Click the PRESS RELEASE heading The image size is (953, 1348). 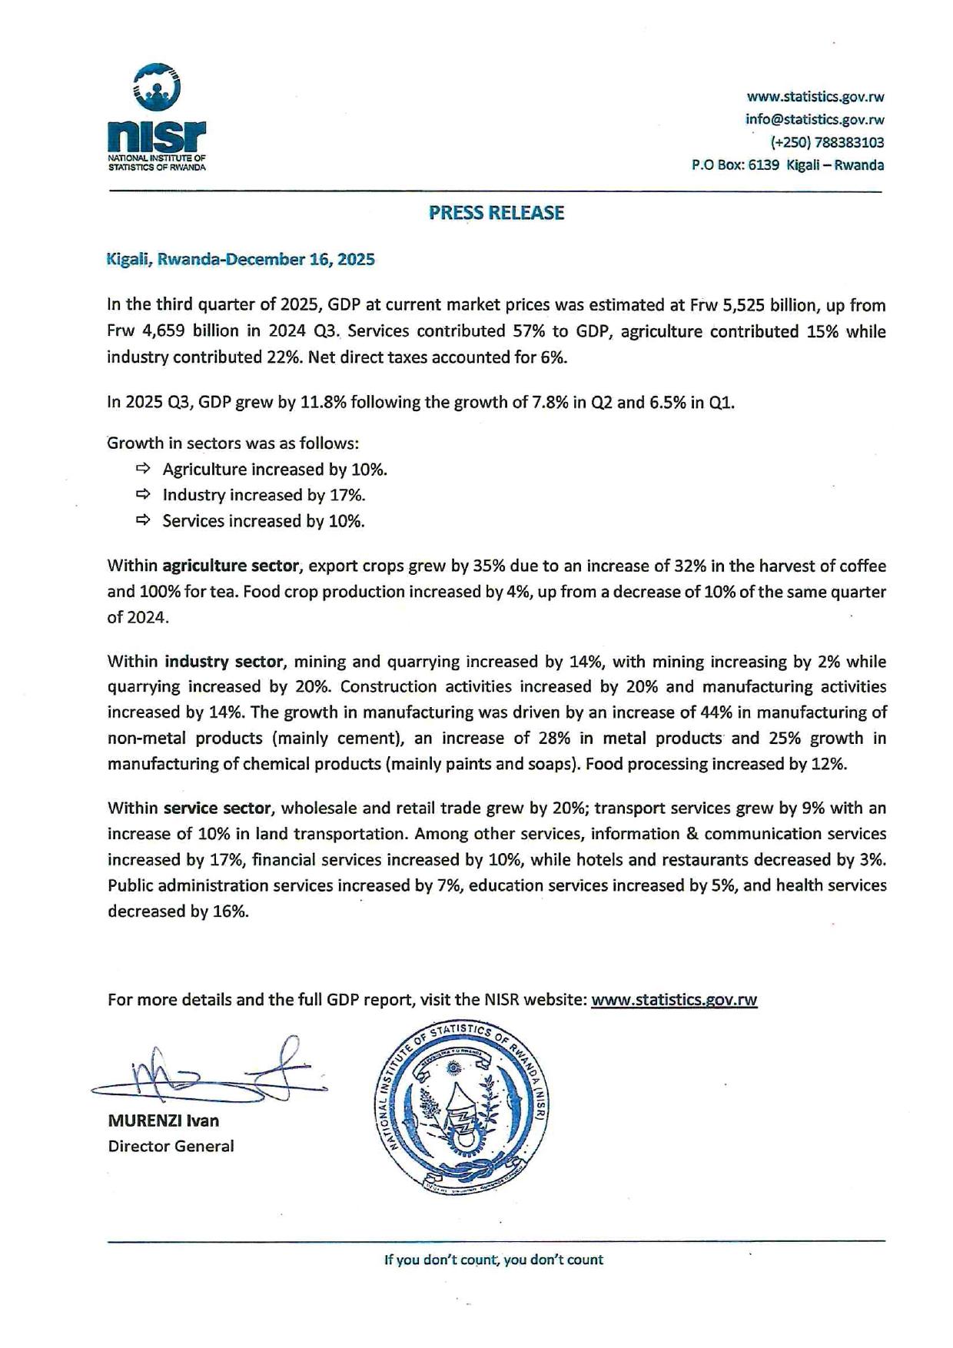coord(496,213)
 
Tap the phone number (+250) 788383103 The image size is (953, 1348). coord(827,142)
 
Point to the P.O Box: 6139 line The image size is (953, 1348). coord(787,165)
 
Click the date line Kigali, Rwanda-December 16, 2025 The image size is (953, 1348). coord(240,260)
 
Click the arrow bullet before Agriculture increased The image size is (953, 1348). coord(143,469)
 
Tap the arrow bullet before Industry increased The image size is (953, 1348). coord(143,494)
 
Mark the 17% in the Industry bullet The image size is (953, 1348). coord(347,495)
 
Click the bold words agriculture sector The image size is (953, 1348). coord(230,566)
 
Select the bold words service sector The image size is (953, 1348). coord(217,808)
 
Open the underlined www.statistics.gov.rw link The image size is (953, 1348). coord(674,1000)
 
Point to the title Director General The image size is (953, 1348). coord(171,1147)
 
